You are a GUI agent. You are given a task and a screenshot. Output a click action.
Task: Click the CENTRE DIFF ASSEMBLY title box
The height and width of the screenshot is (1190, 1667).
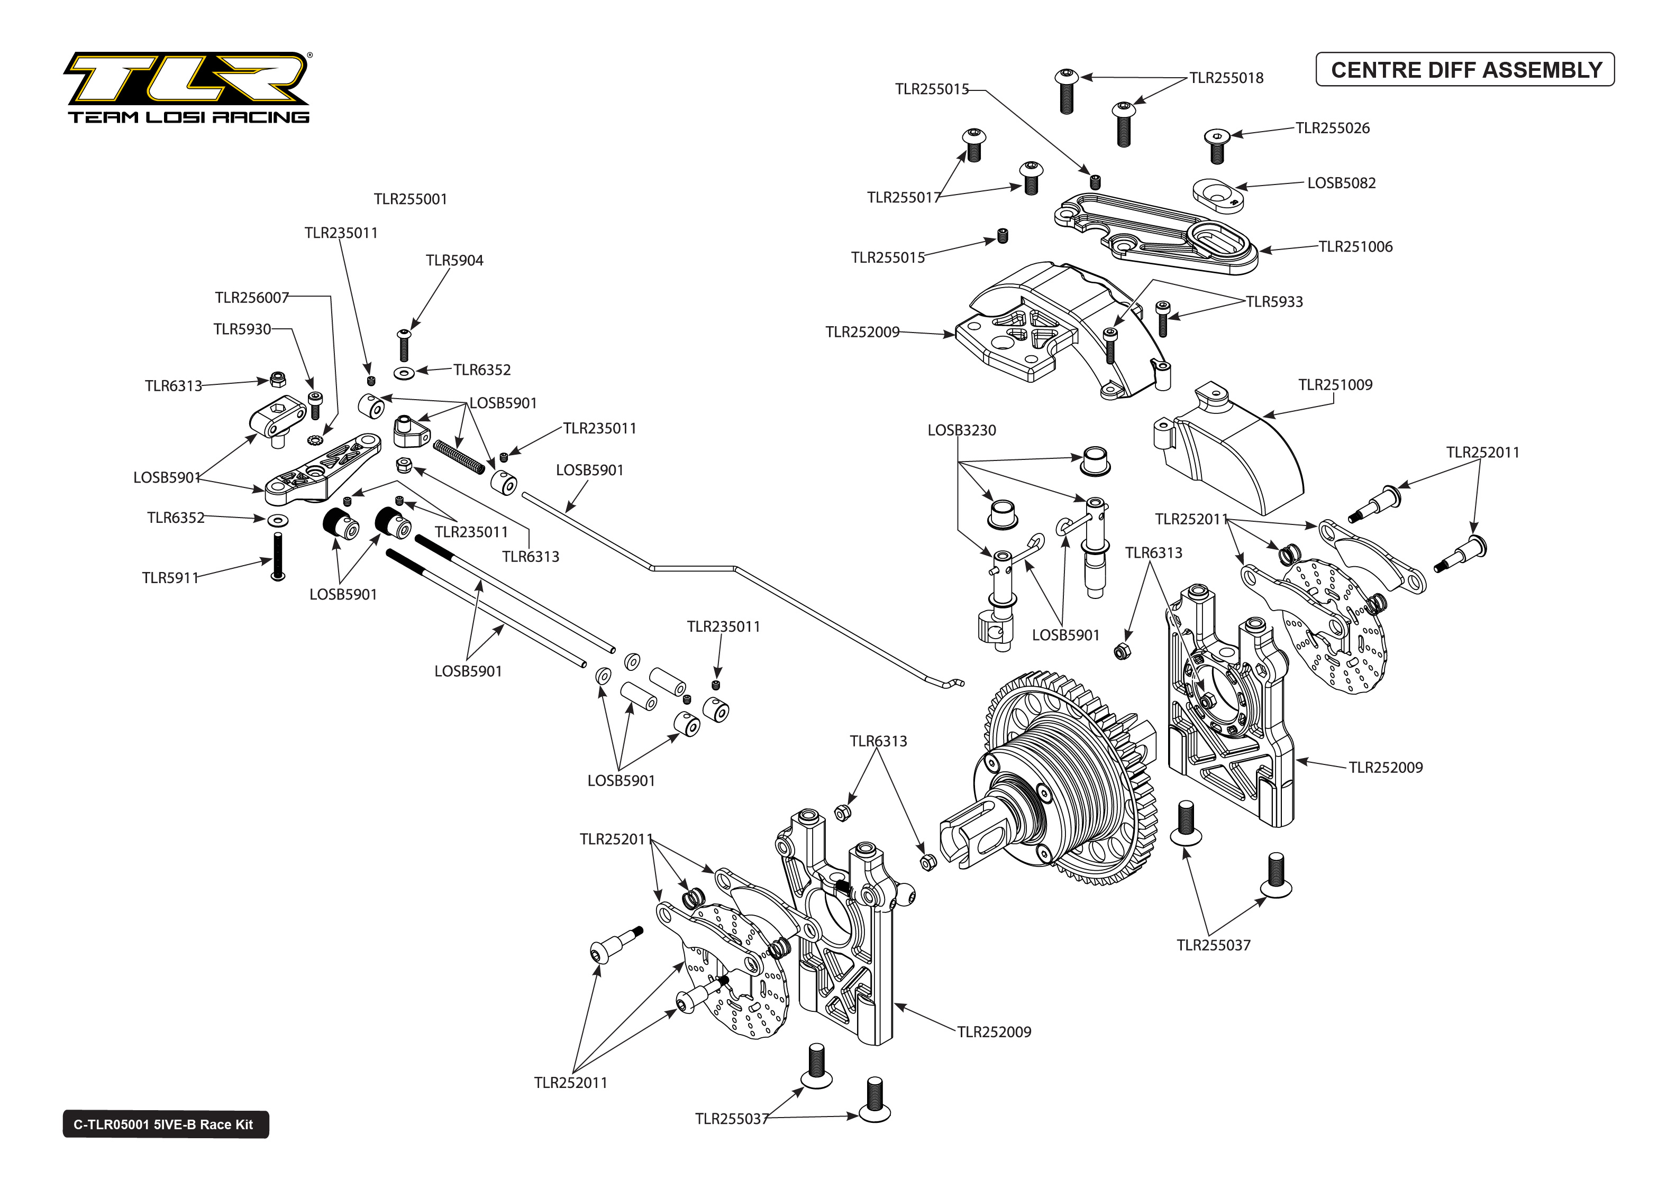click(x=1465, y=70)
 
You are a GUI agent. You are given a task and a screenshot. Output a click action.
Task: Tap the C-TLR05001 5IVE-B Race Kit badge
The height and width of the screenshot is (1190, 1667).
click(x=165, y=1125)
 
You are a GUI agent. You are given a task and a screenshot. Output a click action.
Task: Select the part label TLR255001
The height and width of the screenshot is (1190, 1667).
click(x=410, y=199)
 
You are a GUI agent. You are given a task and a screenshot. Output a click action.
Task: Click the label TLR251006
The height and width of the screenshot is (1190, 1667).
click(x=1355, y=247)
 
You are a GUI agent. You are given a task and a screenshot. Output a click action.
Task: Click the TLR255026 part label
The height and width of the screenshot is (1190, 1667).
click(x=1332, y=128)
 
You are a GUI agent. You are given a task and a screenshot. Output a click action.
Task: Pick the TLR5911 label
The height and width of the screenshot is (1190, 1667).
click(x=170, y=578)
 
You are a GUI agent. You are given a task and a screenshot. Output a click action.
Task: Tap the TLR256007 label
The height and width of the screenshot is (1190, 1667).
click(x=251, y=298)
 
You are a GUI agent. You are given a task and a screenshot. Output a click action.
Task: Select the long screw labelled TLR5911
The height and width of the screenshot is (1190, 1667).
click(x=278, y=557)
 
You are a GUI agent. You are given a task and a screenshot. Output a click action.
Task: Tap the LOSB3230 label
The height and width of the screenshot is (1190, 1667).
click(x=961, y=431)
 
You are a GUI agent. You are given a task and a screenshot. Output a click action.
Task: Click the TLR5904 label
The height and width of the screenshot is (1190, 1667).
click(x=454, y=261)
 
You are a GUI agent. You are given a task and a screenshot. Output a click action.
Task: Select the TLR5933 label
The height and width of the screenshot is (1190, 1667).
click(x=1274, y=302)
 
